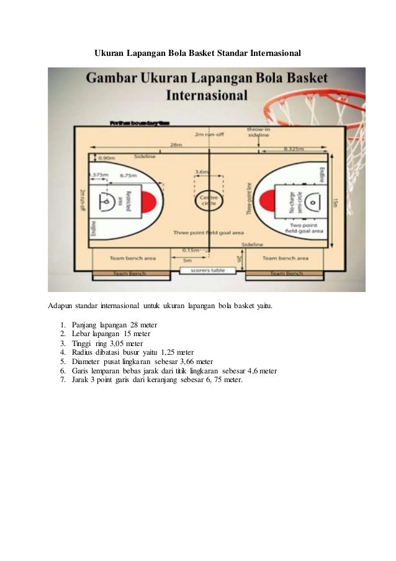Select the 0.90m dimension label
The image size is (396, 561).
(106, 158)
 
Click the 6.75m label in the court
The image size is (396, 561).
(128, 175)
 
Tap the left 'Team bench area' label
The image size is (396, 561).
(133, 257)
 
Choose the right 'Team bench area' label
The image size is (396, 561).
(286, 257)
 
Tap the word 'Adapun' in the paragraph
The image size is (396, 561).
(60, 306)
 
